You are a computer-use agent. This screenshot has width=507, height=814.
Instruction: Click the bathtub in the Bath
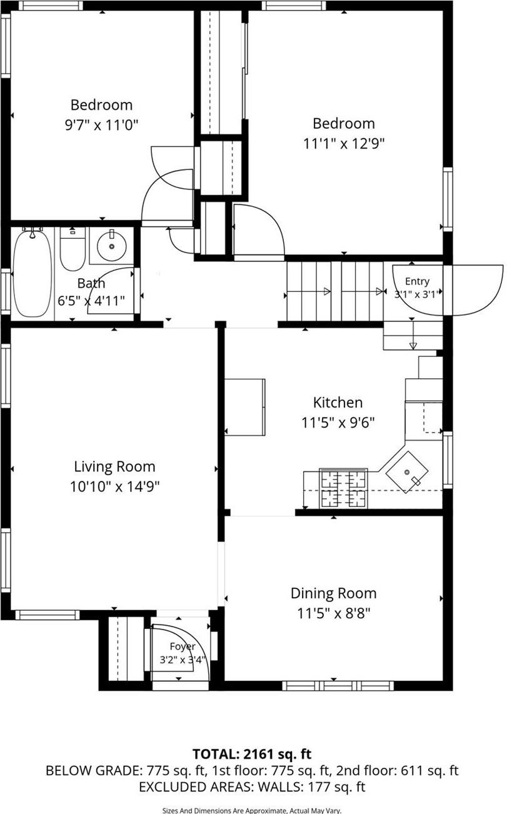(x=31, y=273)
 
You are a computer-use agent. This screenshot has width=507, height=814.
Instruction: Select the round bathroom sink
(x=112, y=245)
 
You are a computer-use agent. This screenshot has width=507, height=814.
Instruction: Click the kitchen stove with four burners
(x=343, y=488)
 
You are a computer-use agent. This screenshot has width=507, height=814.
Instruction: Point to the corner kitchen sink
(x=406, y=473)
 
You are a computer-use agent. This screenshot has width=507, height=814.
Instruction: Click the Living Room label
(x=114, y=466)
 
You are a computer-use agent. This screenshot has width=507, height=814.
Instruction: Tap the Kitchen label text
(x=338, y=403)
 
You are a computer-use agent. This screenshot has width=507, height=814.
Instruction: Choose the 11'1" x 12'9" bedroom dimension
(x=344, y=143)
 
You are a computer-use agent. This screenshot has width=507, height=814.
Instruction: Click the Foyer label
(x=182, y=646)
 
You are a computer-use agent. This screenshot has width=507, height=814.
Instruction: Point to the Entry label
(x=417, y=281)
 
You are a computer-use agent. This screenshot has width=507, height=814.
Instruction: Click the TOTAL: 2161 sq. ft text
(x=252, y=753)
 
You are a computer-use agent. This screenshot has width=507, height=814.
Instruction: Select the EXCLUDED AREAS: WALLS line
(x=252, y=786)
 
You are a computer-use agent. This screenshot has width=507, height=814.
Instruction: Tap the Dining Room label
(x=334, y=593)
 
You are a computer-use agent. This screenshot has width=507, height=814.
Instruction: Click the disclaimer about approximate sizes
(x=252, y=810)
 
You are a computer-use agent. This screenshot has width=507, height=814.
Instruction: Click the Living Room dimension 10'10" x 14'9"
(x=114, y=486)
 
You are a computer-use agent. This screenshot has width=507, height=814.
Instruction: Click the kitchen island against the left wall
(x=245, y=407)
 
